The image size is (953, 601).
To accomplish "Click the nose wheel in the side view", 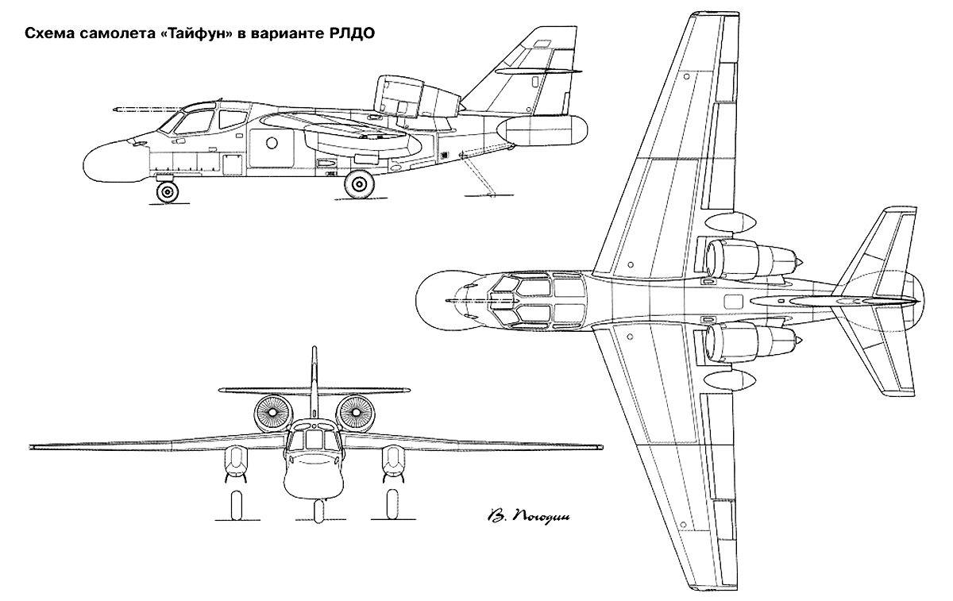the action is click(168, 192).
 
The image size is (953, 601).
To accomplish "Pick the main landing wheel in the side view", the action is click(360, 184).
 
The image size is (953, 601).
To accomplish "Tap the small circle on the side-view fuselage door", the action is click(272, 142).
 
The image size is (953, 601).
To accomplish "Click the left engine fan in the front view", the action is click(273, 413).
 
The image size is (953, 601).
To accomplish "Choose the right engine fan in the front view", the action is click(355, 413).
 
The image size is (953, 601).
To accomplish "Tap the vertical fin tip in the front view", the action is click(314, 349).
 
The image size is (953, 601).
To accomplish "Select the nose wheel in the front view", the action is click(318, 511).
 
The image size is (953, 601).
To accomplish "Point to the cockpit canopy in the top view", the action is click(537, 301).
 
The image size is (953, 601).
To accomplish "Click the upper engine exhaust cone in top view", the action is click(799, 260).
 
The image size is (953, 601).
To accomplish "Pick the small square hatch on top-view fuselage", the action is click(732, 302).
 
